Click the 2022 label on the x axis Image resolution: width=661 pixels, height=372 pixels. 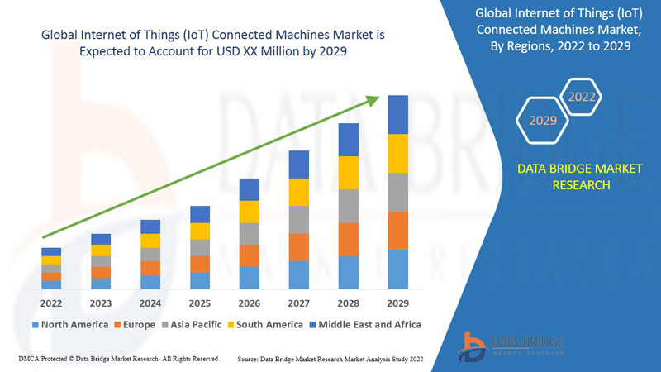tap(51, 303)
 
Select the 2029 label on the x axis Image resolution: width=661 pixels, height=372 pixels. tap(398, 303)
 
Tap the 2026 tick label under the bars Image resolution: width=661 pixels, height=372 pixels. tap(250, 303)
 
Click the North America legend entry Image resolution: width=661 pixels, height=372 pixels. tap(69, 324)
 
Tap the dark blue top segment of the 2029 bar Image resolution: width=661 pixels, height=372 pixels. tap(398, 114)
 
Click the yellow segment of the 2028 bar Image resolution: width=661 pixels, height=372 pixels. tap(349, 173)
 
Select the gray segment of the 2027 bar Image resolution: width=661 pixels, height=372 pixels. tap(299, 220)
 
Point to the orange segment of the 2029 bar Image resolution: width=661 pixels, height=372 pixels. tap(398, 231)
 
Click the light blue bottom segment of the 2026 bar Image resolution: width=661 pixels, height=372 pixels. tap(250, 278)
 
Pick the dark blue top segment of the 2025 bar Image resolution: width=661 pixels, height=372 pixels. tap(200, 214)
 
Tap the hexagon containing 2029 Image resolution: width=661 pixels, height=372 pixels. tap(543, 122)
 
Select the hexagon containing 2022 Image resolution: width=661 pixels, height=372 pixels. tap(582, 98)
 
